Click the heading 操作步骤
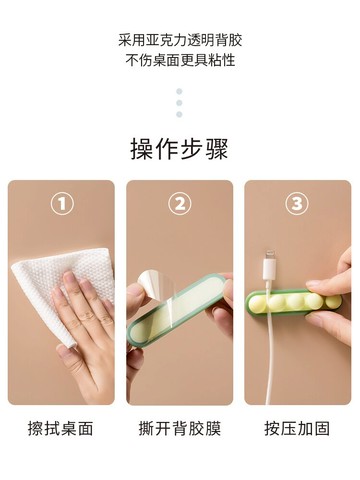click(x=180, y=149)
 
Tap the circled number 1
click(x=62, y=205)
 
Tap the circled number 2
click(x=180, y=205)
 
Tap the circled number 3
click(x=297, y=205)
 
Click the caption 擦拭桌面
click(x=61, y=428)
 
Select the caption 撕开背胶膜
click(x=180, y=428)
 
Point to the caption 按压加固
click(x=297, y=428)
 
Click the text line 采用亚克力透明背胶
click(x=180, y=40)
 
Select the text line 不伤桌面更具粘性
click(x=180, y=60)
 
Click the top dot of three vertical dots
click(x=180, y=91)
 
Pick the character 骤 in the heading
click(x=217, y=149)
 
